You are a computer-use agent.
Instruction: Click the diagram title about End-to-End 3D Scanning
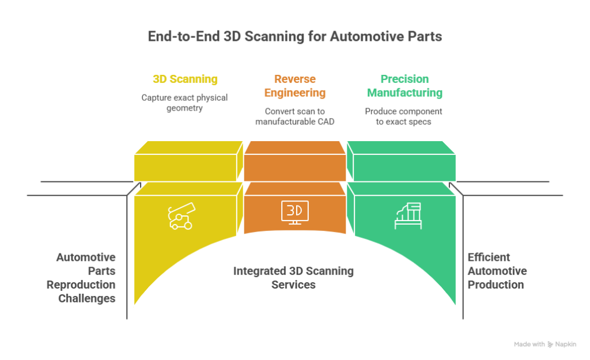[294, 37]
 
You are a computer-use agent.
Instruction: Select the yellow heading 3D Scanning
[184, 79]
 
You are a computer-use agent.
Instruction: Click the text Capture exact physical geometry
[184, 103]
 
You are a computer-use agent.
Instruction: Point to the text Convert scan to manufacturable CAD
[294, 116]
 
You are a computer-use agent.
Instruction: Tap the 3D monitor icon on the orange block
[294, 211]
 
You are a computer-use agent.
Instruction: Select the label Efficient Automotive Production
[497, 271]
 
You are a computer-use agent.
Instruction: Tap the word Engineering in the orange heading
[294, 92]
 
